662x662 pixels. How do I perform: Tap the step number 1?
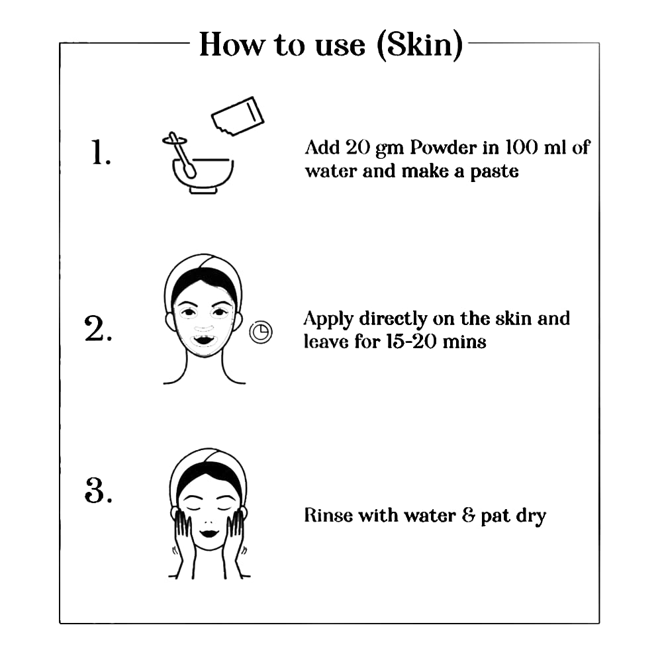pyautogui.click(x=101, y=152)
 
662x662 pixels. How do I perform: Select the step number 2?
pyautogui.click(x=99, y=328)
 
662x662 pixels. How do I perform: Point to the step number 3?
pyautogui.click(x=99, y=491)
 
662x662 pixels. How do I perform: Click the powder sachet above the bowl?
pyautogui.click(x=238, y=116)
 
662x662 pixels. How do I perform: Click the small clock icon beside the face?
pyautogui.click(x=261, y=332)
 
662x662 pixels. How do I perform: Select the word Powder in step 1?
pyautogui.click(x=444, y=148)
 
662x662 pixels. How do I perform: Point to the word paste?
pyautogui.click(x=495, y=172)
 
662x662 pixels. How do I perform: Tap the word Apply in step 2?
pyautogui.click(x=328, y=320)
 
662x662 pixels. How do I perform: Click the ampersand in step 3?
pyautogui.click(x=468, y=516)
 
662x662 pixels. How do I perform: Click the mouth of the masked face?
pyautogui.click(x=205, y=340)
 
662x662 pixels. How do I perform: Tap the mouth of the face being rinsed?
pyautogui.click(x=209, y=534)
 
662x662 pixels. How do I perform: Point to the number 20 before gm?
pyautogui.click(x=357, y=148)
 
